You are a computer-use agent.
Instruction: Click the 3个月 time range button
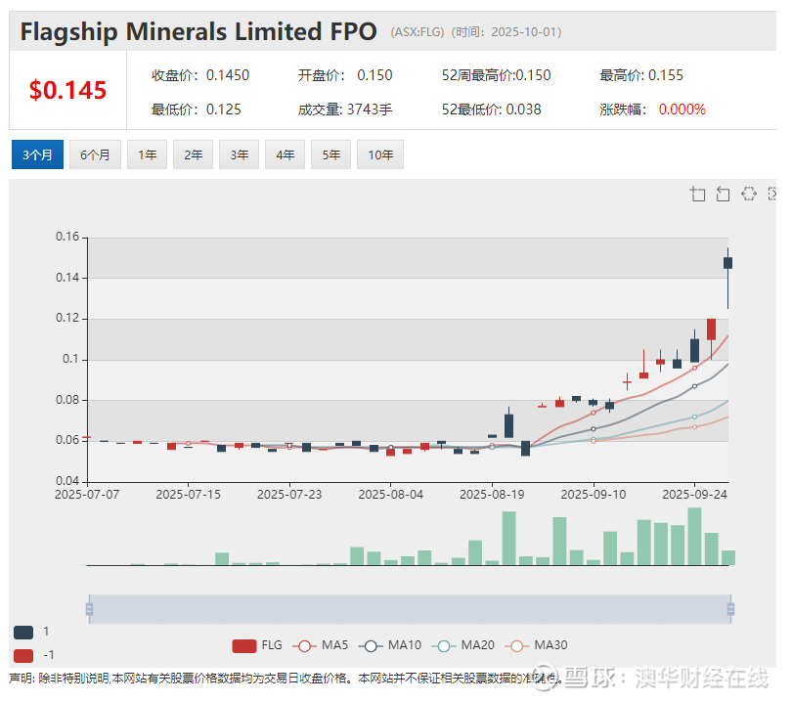(37, 154)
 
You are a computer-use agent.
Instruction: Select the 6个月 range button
(95, 154)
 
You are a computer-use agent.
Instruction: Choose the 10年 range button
(380, 154)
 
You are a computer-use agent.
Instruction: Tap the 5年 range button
(331, 154)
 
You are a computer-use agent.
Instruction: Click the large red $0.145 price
(67, 91)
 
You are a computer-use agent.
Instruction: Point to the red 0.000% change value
(682, 109)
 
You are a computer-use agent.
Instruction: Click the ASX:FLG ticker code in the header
(418, 32)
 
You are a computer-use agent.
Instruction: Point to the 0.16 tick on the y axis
(66, 237)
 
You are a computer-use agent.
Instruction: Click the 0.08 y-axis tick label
(66, 400)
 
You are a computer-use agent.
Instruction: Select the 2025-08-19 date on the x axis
(493, 495)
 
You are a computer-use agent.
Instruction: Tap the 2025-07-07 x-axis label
(87, 495)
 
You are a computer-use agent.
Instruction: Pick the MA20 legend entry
(467, 645)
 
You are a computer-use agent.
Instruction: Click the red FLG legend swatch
(244, 645)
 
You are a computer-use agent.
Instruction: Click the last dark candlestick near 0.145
(727, 262)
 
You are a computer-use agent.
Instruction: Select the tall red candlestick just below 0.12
(711, 328)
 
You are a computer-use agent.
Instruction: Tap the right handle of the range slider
(730, 609)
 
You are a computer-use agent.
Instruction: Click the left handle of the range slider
(89, 609)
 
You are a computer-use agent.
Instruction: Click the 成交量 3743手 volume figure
(345, 109)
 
